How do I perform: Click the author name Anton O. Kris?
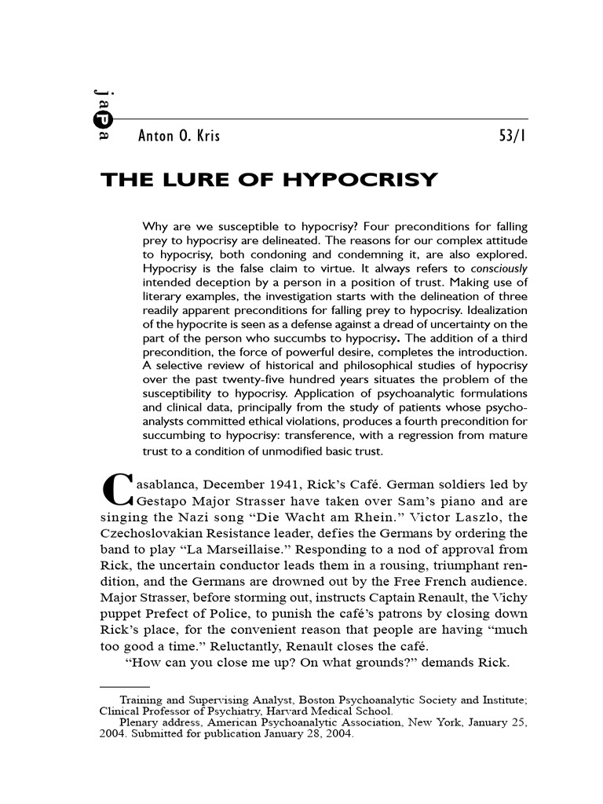click(x=180, y=136)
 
